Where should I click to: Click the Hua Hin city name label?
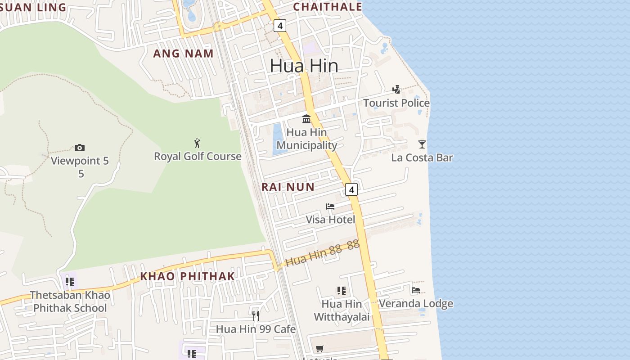point(304,66)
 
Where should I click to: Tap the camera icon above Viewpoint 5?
point(80,148)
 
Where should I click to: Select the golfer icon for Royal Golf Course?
point(197,143)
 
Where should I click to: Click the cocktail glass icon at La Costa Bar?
point(422,144)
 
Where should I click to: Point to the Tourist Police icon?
point(396,89)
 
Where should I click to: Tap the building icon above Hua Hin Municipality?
point(306,119)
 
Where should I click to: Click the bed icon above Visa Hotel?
point(330,207)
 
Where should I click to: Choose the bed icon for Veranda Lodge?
point(415,290)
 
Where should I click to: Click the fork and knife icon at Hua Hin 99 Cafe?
point(255,315)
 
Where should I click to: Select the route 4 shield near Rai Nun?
point(351,189)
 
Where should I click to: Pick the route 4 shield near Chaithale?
point(280,26)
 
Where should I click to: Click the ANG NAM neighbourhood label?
point(183,54)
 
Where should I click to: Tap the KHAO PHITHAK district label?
point(187,276)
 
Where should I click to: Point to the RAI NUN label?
point(288,187)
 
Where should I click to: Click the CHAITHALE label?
point(328,7)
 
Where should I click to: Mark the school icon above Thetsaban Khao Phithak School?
point(70,282)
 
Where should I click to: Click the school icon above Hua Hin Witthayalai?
point(341,291)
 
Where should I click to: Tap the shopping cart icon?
point(319,348)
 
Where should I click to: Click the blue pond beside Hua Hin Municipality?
point(277,139)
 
